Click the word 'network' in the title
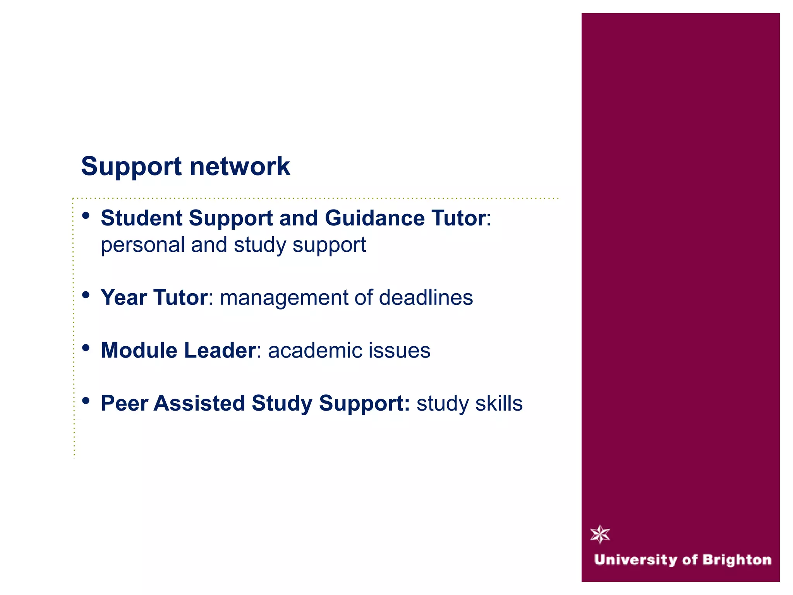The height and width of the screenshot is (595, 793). pos(240,167)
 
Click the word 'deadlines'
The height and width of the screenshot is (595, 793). pos(426,297)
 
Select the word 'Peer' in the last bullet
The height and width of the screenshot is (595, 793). pos(124,403)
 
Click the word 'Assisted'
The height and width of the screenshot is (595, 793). pos(199,403)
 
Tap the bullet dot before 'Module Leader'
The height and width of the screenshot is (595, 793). pos(86,348)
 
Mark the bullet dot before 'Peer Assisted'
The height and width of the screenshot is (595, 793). pos(86,401)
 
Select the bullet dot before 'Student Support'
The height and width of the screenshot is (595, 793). pos(86,215)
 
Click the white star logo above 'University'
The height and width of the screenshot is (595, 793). pos(600,534)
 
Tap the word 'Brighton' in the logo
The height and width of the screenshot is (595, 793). pos(736,560)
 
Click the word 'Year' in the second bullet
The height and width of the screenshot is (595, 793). pos(124,297)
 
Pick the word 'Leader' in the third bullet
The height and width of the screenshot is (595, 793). pos(220,350)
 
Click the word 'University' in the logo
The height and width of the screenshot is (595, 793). pos(635,560)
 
